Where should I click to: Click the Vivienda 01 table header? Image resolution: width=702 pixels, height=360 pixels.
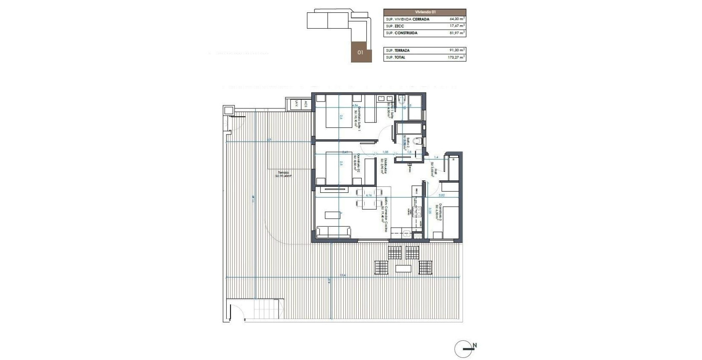tap(424, 12)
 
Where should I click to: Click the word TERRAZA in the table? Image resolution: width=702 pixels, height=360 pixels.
tap(402, 50)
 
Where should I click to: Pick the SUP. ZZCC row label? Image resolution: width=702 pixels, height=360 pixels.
tap(395, 26)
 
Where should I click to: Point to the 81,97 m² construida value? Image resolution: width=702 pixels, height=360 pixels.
tap(457, 33)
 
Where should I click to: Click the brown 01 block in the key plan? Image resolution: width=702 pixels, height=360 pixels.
tap(361, 52)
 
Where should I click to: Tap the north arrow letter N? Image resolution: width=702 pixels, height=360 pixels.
tap(474, 345)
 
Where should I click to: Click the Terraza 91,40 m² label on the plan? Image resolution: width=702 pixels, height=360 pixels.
tap(283, 175)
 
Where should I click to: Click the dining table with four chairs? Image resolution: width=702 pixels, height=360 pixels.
tap(369, 199)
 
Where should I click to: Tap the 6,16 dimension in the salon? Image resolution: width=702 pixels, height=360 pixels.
tap(369, 195)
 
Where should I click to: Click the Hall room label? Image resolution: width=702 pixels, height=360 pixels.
tap(434, 170)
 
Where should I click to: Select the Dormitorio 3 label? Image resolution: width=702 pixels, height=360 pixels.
tap(438, 211)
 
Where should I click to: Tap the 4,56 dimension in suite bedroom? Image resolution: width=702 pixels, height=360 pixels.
tap(355, 105)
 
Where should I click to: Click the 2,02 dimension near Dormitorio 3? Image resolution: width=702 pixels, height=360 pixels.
tap(441, 195)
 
